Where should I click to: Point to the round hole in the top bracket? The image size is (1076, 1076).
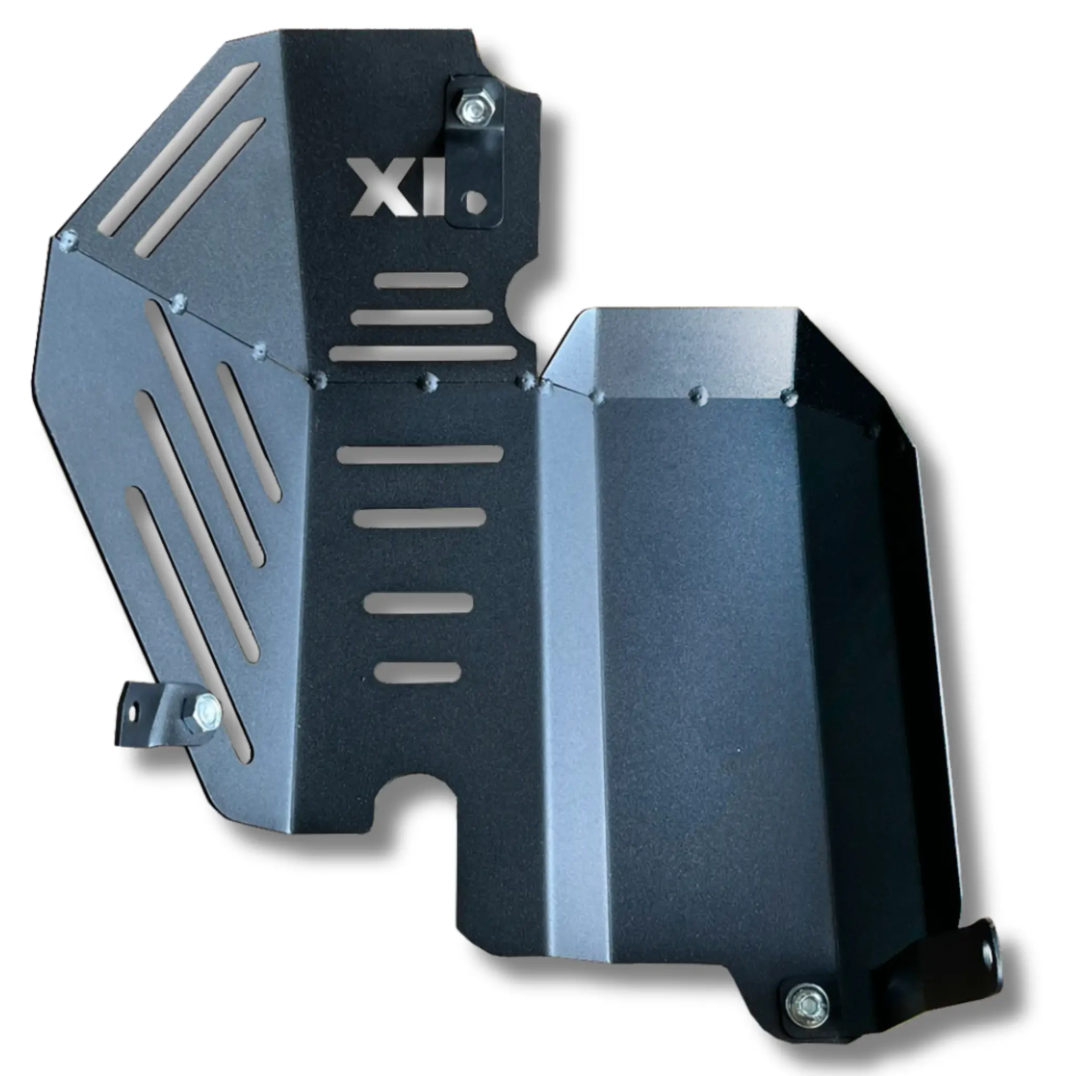[x=475, y=201]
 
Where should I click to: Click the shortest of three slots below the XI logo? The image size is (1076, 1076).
[x=421, y=281]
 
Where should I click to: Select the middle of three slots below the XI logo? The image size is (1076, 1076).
[x=423, y=317]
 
